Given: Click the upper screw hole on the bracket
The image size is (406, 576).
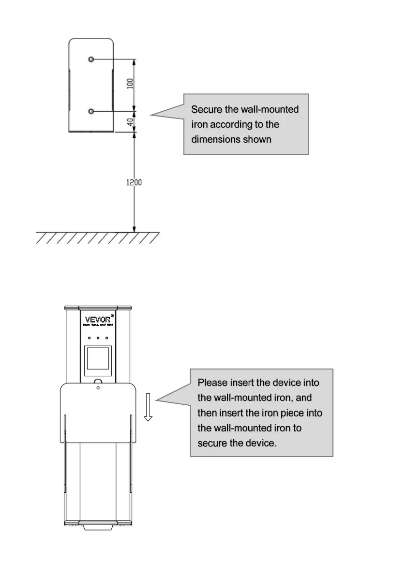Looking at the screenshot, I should pyautogui.click(x=91, y=59).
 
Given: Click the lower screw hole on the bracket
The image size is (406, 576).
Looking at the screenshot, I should pyautogui.click(x=91, y=111).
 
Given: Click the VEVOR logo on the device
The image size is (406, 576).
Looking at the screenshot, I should pyautogui.click(x=97, y=320).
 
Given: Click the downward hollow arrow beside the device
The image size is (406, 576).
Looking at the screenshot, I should pyautogui.click(x=148, y=406).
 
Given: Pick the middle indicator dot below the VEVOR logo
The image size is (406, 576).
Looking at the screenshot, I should pyautogui.click(x=98, y=338).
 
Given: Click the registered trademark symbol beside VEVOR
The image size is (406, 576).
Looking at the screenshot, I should pyautogui.click(x=112, y=316).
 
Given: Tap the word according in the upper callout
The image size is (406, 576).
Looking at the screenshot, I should pyautogui.click(x=231, y=125).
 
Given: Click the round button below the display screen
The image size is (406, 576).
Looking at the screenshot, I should pyautogui.click(x=98, y=382).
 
